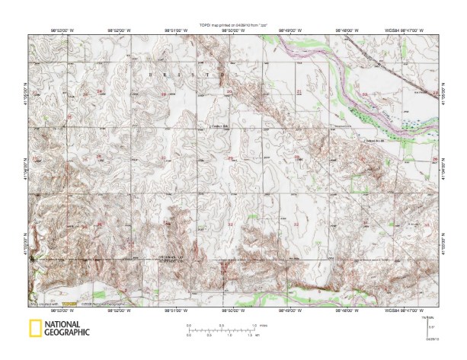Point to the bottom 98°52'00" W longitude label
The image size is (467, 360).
[119, 309]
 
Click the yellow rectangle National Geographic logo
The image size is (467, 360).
[34, 329]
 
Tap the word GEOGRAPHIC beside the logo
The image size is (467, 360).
[66, 333]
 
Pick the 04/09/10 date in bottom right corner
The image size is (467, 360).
[430, 339]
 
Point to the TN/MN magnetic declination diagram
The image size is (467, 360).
[430, 323]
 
